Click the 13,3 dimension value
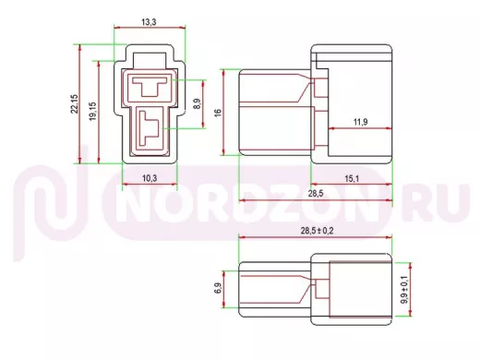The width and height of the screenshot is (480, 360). [x=149, y=22]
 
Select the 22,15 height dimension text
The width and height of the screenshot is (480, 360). [x=75, y=104]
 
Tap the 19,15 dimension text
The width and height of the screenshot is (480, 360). [x=92, y=112]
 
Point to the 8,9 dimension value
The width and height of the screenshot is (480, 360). [x=198, y=103]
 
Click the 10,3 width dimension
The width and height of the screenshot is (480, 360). [x=150, y=178]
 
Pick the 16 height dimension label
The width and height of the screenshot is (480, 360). [x=218, y=113]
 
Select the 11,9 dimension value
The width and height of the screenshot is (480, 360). [x=360, y=122]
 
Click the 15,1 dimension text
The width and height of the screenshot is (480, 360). [x=352, y=178]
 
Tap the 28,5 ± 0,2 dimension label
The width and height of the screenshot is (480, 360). [x=317, y=231]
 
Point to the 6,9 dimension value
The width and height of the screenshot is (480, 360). [x=218, y=288]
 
